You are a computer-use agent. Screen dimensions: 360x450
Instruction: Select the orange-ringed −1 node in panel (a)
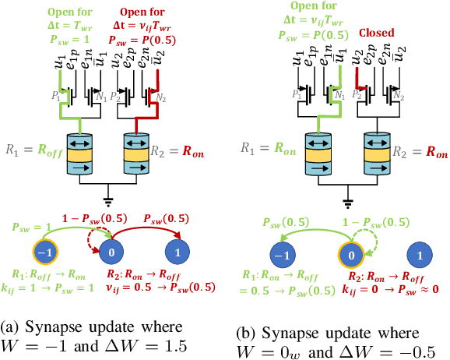coord(45,254)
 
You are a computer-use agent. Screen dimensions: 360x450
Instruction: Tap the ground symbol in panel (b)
coord(346,196)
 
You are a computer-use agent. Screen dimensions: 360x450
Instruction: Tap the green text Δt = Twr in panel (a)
coord(73,23)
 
